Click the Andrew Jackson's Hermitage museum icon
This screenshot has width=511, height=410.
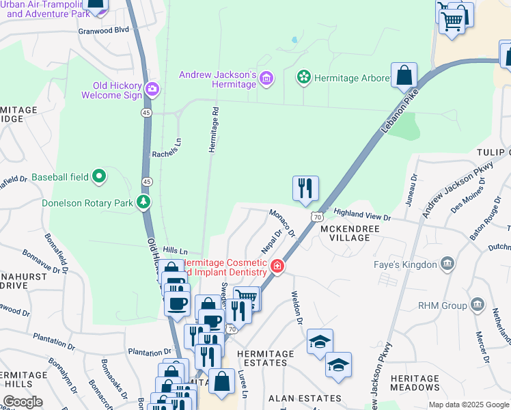pos(266,80)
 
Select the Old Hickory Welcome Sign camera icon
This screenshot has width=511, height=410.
pos(152,89)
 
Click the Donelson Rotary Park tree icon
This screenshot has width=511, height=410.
pos(143,202)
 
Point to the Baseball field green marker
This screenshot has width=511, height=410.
pos(100,177)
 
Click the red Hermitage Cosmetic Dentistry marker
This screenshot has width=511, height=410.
pos(277,266)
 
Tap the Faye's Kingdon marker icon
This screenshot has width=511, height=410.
pos(447,264)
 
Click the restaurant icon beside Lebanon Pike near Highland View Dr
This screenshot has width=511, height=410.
pos(305,188)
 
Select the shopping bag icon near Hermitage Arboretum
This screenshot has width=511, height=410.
pos(404,74)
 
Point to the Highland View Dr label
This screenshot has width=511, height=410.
pos(361,216)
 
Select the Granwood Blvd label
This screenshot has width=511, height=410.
pos(104,31)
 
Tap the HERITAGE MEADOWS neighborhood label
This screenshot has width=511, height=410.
pos(415,383)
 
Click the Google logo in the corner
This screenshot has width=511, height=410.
pos(23,401)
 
